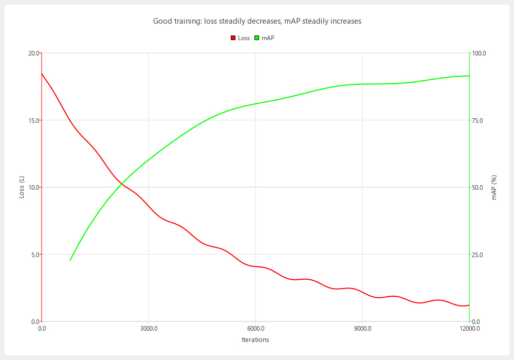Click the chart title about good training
pos(257,21)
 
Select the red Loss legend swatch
pos(233,38)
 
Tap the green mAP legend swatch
pos(256,38)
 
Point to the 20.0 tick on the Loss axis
pos(34,53)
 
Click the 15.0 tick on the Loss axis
pos(34,120)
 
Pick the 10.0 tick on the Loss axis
pos(34,187)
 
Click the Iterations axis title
pos(255,340)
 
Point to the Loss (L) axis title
pos(22,187)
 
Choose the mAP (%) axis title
pos(494,187)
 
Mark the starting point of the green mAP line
pos(70,260)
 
